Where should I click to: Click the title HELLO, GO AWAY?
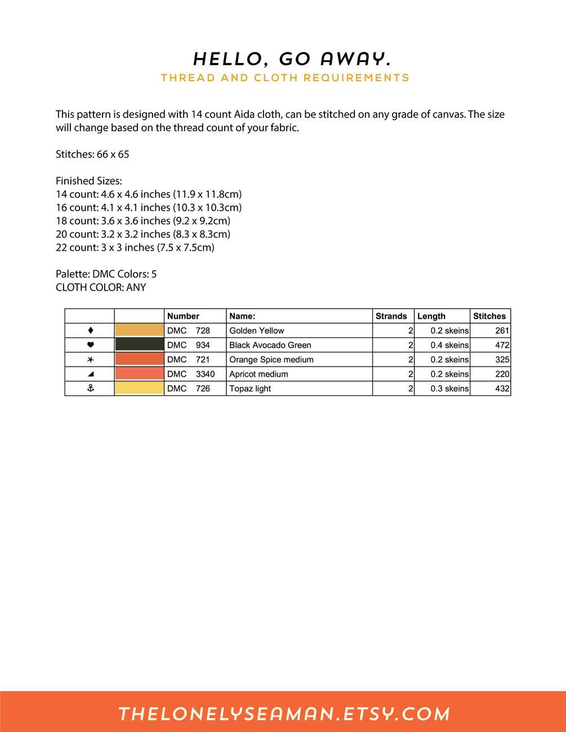coord(292,59)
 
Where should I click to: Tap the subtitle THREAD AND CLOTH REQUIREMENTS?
coord(285,78)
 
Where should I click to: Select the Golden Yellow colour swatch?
coord(139,331)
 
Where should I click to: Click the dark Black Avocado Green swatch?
coord(139,345)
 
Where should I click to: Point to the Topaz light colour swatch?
coord(139,389)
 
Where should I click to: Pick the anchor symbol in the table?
coord(90,389)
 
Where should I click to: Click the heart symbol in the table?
coord(90,345)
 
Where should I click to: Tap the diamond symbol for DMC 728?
coord(90,331)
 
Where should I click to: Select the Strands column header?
coord(391,316)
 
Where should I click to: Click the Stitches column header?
coord(489,316)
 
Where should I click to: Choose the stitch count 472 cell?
coord(502,345)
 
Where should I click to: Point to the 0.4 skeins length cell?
coord(449,345)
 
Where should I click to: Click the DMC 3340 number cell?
coord(191,374)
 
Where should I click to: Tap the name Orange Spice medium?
coord(271,360)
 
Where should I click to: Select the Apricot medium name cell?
coord(259,374)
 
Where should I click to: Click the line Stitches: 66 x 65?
coord(92,154)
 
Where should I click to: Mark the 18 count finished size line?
coord(143,221)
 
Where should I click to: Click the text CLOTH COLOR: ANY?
coord(101,287)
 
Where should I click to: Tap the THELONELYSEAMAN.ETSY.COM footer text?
coord(284,714)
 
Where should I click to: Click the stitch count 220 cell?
coord(502,374)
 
